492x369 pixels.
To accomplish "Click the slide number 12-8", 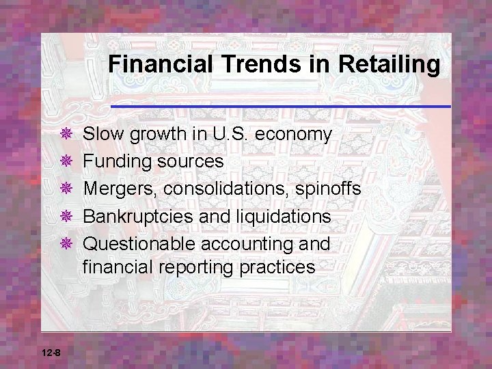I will point(51,353).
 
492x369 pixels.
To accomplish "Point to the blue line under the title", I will point(280,107).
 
